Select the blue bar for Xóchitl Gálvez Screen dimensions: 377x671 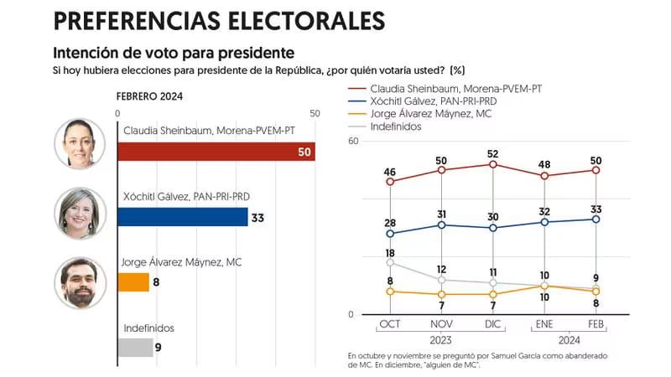[x=183, y=217]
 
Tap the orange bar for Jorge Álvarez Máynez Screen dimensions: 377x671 [x=133, y=282]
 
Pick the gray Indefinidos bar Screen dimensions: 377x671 [x=135, y=347]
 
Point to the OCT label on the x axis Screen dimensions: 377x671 [x=390, y=325]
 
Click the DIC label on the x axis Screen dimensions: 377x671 [x=493, y=325]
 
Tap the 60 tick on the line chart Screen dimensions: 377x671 [x=353, y=142]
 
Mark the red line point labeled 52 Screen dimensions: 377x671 [x=493, y=164]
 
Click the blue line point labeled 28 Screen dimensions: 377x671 [x=390, y=234]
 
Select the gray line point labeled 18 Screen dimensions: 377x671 [x=390, y=262]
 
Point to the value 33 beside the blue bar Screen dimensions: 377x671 [x=258, y=217]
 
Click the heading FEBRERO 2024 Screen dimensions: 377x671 [x=149, y=96]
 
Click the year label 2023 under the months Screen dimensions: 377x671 [x=442, y=340]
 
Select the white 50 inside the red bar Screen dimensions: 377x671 [x=304, y=152]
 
